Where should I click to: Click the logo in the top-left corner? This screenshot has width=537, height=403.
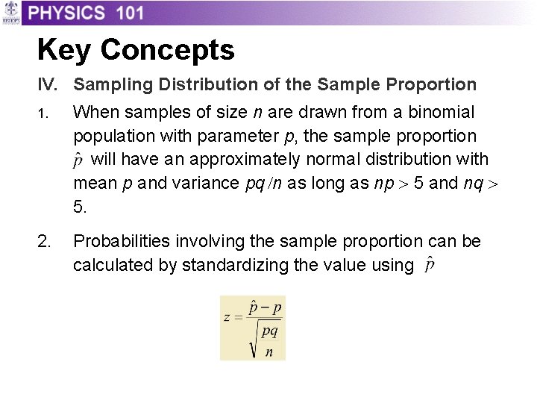(x=10, y=13)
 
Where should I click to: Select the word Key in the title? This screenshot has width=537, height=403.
(x=64, y=50)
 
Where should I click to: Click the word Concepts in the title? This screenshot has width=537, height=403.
(x=167, y=50)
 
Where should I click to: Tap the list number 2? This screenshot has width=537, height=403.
(x=45, y=241)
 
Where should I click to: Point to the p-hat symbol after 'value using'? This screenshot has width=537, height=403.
(x=430, y=266)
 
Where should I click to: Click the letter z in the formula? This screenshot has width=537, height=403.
(x=227, y=316)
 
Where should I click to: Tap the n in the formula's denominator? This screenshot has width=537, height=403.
(x=268, y=352)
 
